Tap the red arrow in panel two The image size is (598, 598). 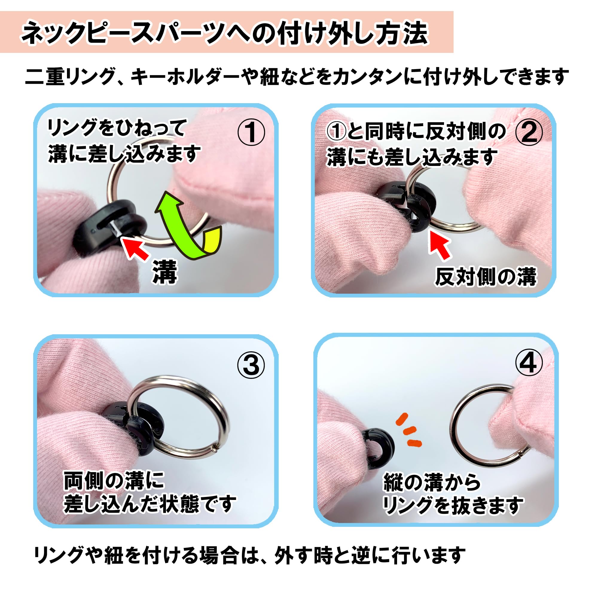pyautogui.click(x=440, y=245)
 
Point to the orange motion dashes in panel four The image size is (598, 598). pyautogui.click(x=408, y=430)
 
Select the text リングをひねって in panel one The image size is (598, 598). pyautogui.click(x=117, y=128)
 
